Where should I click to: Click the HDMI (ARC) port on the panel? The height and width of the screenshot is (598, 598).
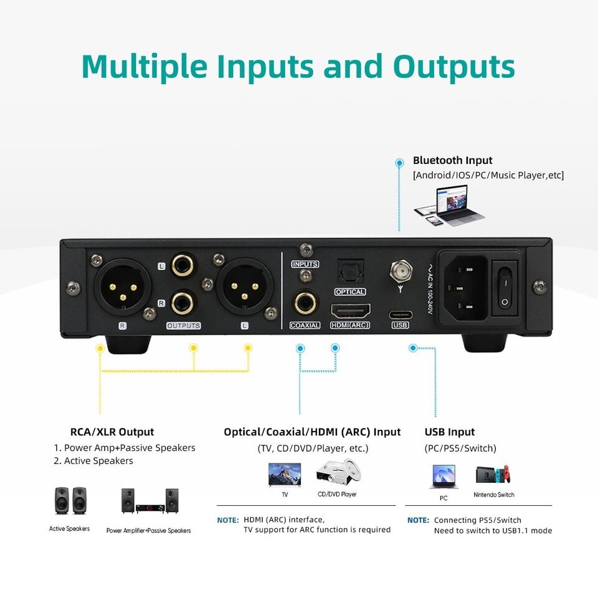pos(349,310)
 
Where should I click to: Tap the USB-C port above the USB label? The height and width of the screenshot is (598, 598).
pos(401,313)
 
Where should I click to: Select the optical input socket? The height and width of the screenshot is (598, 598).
pos(349,271)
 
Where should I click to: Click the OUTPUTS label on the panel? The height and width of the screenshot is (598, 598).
pos(184,326)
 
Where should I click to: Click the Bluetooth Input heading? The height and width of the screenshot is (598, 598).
pos(452,161)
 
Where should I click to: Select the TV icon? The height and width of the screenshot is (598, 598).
pos(284,475)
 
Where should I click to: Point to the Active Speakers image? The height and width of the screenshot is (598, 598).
pos(70,501)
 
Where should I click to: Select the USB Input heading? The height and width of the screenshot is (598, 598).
pos(449,432)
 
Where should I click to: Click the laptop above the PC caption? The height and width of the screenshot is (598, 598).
pos(444,477)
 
